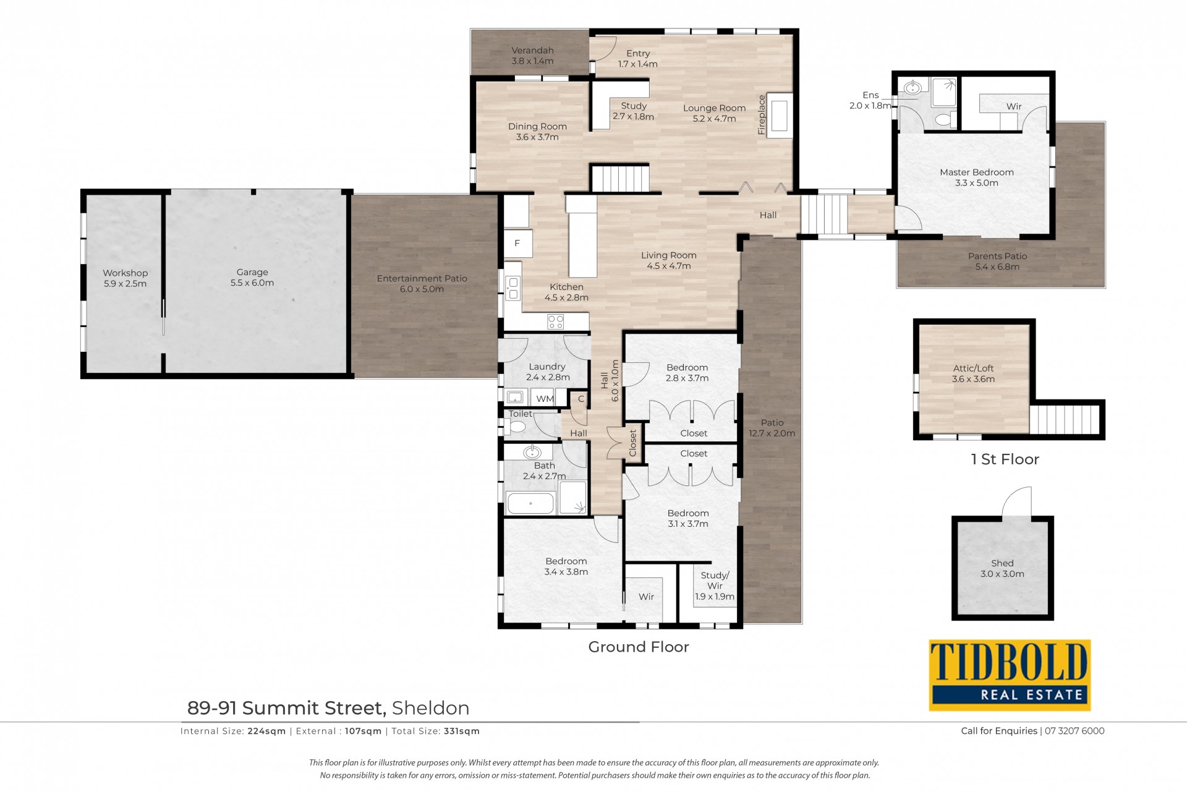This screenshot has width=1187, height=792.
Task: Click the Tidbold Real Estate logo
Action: pyautogui.click(x=1010, y=675)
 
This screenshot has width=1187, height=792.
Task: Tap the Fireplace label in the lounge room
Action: pyautogui.click(x=762, y=114)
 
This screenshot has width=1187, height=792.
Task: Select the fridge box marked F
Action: pyautogui.click(x=517, y=243)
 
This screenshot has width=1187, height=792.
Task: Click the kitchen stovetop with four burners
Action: pyautogui.click(x=555, y=321)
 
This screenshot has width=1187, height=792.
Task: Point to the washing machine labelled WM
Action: pyautogui.click(x=545, y=398)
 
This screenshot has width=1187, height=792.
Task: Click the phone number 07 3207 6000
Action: pyautogui.click(x=1074, y=731)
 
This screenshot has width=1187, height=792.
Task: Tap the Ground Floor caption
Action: pyautogui.click(x=639, y=647)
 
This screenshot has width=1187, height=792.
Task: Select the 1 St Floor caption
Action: pyautogui.click(x=1005, y=459)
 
